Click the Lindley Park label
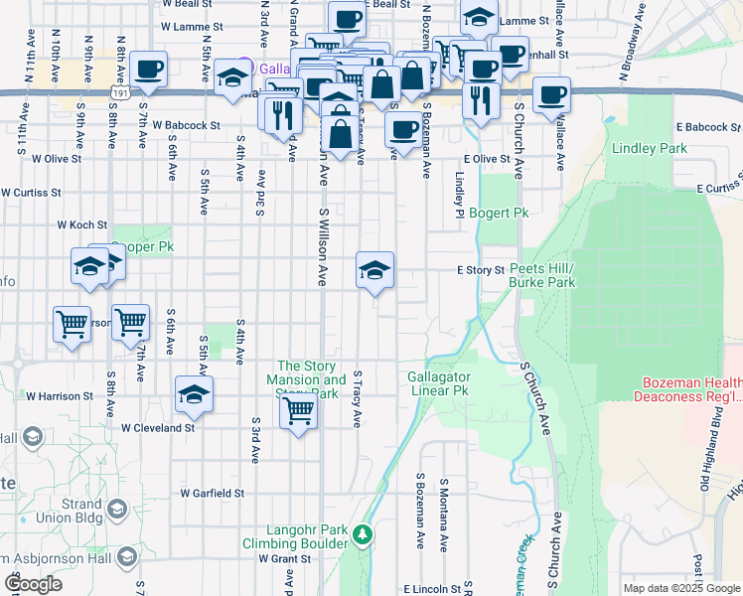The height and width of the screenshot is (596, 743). pos(651,149)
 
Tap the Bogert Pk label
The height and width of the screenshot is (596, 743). pos(499,213)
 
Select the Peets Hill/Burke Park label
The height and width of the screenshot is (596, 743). pos(542,275)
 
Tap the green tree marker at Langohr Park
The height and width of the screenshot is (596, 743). pos(364,535)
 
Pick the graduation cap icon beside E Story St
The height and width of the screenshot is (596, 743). pos(374,269)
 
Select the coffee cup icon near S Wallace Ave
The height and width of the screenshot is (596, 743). pos(551,95)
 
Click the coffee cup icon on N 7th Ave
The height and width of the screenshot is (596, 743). pos(148,70)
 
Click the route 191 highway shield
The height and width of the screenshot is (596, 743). pos(120,91)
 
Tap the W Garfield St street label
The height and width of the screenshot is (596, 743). pos(213,493)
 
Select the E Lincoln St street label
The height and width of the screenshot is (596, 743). pos(432,589)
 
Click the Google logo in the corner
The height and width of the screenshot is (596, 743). pos(34,584)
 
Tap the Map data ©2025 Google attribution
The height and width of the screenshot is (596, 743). pos(681,588)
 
